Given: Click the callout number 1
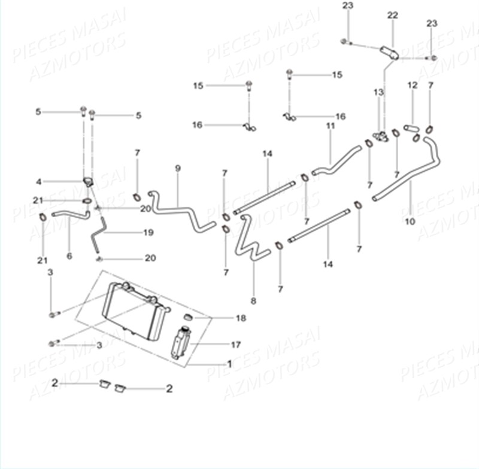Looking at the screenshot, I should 229,363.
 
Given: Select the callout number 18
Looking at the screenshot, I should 241,318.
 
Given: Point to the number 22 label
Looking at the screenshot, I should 392,15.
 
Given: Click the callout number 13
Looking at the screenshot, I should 378,92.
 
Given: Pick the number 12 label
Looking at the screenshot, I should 413,86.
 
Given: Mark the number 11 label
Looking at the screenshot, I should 331,126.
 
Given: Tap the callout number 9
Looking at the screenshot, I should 178,168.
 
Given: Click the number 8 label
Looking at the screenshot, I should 253,301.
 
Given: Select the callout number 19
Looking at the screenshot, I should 148,232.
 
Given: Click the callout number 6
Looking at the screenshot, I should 69,256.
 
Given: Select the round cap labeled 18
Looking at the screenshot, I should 187,317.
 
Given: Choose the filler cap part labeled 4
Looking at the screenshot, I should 87,181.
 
